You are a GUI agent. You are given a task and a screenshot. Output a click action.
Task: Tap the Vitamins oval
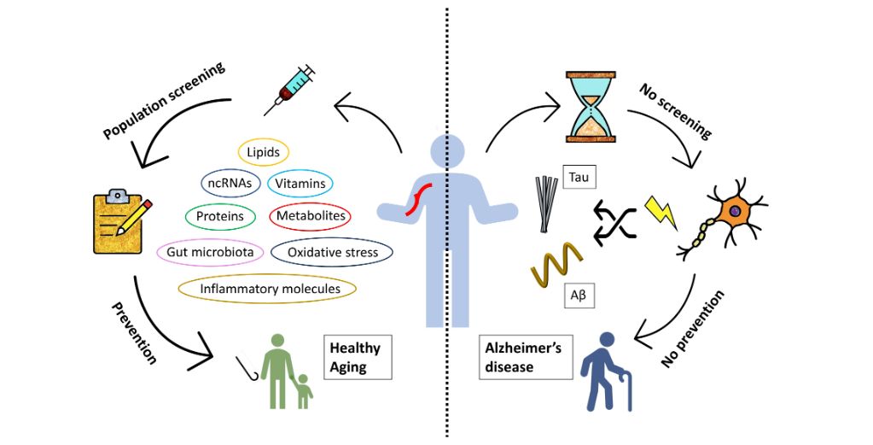point(300,183)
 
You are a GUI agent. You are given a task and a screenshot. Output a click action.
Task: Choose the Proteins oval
point(219,216)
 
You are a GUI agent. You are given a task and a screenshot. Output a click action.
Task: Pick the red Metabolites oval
point(311,216)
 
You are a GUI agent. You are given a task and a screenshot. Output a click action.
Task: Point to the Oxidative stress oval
point(331,252)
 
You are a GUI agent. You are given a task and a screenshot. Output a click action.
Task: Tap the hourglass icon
point(591,107)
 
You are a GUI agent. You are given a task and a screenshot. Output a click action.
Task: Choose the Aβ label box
point(578,296)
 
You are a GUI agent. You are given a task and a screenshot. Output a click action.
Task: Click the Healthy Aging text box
point(357,356)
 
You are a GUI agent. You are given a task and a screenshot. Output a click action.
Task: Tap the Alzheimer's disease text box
point(521,357)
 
